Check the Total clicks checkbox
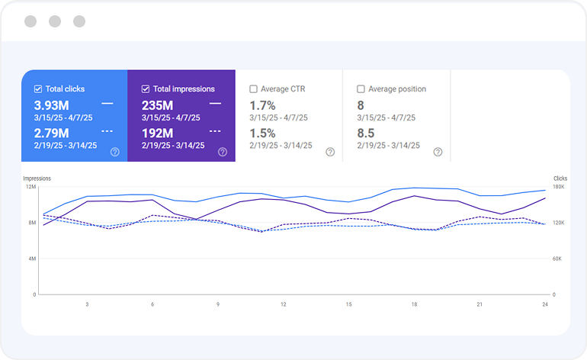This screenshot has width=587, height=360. [x=38, y=89]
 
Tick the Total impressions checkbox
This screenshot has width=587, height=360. [x=146, y=89]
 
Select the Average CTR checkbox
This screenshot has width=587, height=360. [x=254, y=89]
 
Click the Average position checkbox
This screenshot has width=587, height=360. [x=361, y=89]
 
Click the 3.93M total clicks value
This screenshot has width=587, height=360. [x=50, y=105]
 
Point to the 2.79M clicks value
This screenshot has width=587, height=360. [x=50, y=133]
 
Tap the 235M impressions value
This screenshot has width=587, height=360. [x=157, y=105]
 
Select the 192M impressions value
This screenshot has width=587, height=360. [x=157, y=133]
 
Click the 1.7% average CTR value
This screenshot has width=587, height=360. [x=262, y=105]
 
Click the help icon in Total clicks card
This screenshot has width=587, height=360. [x=115, y=152]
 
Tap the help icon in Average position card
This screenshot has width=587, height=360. [x=438, y=152]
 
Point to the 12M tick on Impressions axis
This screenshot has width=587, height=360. [x=30, y=187]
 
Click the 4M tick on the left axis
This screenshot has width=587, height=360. [x=32, y=259]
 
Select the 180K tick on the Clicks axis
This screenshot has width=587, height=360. [x=559, y=187]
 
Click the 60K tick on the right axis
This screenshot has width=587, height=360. [x=557, y=259]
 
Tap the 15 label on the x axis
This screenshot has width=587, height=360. [x=349, y=304]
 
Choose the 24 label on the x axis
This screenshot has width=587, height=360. [x=544, y=304]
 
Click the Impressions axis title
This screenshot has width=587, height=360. [x=37, y=178]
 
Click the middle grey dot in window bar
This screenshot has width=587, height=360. [x=55, y=21]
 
